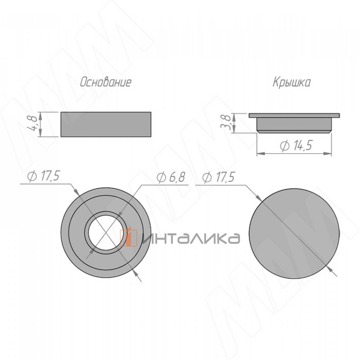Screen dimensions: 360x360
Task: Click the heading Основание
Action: point(106,82)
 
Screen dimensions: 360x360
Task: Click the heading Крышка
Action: point(291,82)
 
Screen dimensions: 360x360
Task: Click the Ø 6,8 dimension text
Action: point(171,177)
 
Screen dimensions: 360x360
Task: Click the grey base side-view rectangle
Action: point(106,124)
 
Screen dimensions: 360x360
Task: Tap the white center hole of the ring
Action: point(106,232)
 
